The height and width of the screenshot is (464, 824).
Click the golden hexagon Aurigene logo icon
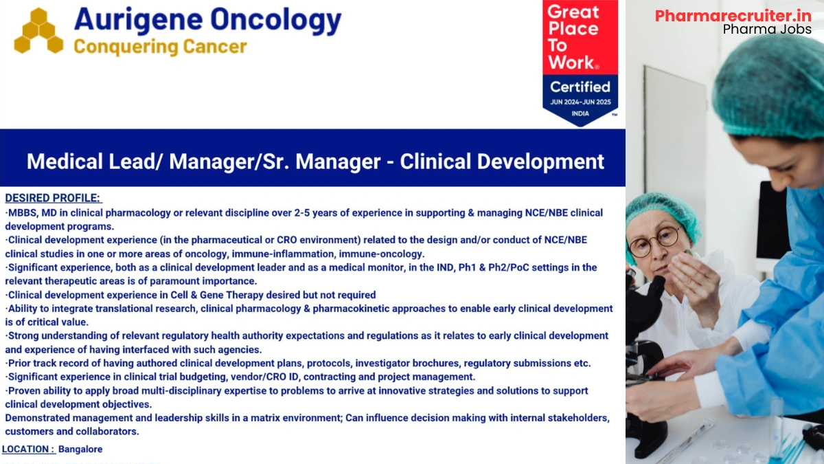[x=38, y=31]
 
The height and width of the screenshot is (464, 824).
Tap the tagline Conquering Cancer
[x=159, y=47]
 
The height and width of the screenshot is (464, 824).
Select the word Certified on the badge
[x=580, y=87]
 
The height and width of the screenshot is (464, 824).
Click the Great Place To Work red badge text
[x=573, y=38]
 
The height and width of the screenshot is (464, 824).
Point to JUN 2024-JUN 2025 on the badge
[x=580, y=102]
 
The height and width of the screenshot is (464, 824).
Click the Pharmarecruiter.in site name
[x=733, y=15]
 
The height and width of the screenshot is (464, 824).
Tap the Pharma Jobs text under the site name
[x=766, y=30]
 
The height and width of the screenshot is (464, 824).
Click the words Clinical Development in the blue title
[x=502, y=162]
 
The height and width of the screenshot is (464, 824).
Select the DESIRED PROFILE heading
[x=53, y=198]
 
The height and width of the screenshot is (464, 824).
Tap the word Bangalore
[x=80, y=449]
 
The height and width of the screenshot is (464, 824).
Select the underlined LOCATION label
[x=28, y=449]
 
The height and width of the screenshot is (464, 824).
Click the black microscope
[x=645, y=357]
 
